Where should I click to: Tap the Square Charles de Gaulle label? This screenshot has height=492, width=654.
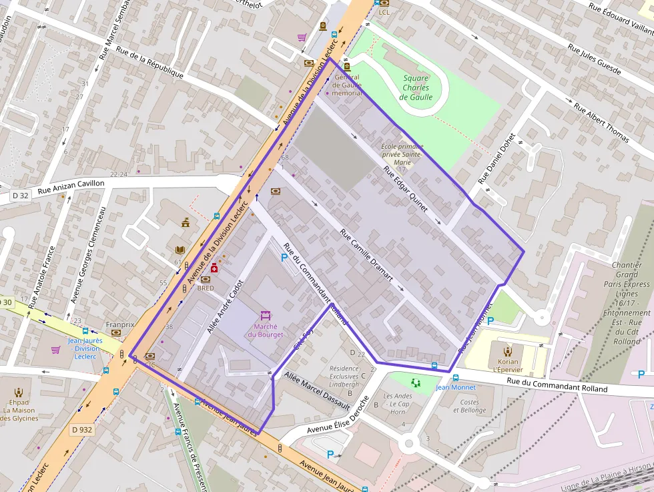(416, 87)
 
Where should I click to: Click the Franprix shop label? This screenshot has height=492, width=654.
(120, 325)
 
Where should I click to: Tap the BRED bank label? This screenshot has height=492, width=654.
(206, 288)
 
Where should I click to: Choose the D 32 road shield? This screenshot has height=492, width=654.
(20, 196)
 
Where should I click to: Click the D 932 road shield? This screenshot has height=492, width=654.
(81, 429)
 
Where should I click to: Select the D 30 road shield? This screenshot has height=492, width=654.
(5, 302)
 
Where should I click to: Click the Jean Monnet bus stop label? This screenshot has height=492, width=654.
(455, 387)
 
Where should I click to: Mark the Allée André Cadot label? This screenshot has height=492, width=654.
(224, 305)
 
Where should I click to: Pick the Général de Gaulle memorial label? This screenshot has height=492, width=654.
(346, 85)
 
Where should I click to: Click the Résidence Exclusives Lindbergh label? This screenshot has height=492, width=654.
(344, 377)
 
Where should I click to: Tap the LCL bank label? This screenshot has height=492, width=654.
(384, 12)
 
